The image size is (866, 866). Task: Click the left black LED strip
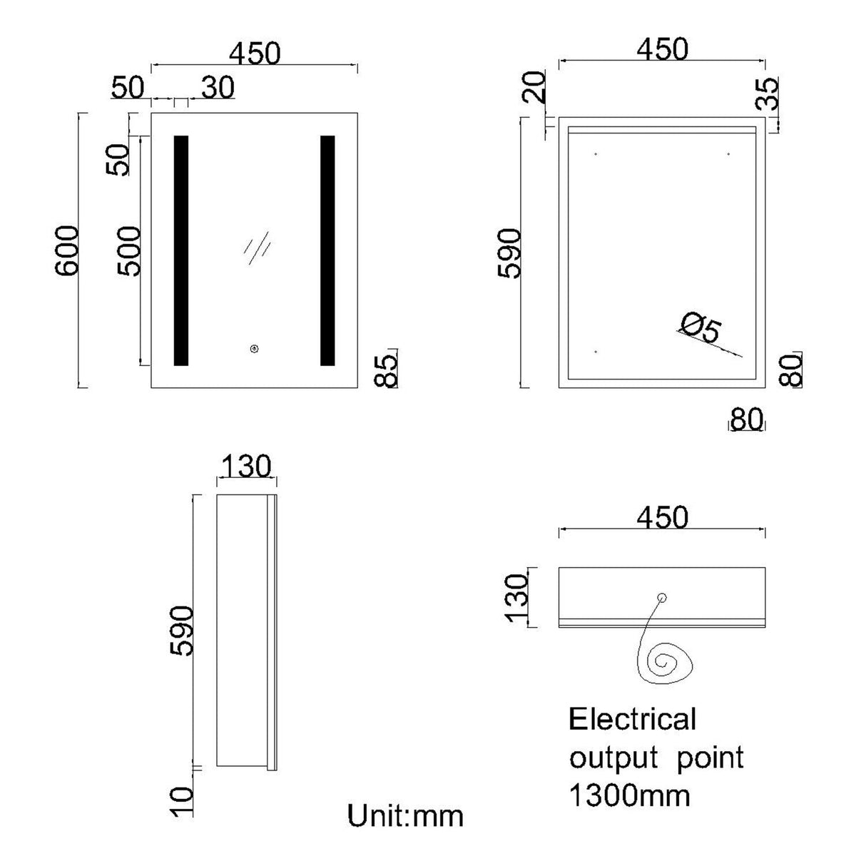click(x=181, y=250)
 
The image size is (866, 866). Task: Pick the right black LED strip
click(x=327, y=250)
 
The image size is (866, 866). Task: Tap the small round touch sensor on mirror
click(x=253, y=349)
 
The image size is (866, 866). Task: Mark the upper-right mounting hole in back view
click(x=728, y=153)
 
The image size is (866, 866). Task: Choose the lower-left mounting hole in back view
click(x=596, y=352)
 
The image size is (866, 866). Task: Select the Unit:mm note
click(x=405, y=815)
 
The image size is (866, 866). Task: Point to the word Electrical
click(x=632, y=719)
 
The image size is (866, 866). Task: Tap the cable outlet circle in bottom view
click(x=661, y=598)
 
